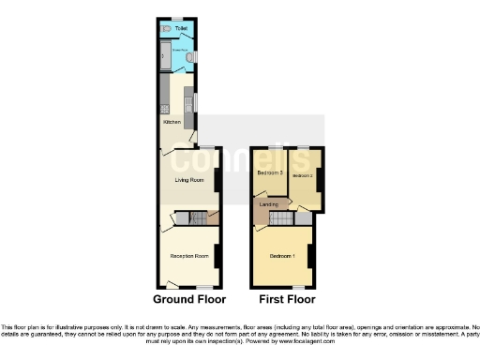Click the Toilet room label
(181, 28)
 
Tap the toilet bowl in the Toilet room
(165, 28)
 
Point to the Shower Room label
(178, 48)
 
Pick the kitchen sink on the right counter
(188, 100)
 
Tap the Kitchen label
(172, 122)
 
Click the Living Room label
(189, 179)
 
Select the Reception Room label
(187, 256)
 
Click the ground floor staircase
(196, 219)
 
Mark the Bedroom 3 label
(270, 173)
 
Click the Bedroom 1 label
(282, 256)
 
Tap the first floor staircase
(282, 219)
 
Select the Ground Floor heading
(189, 300)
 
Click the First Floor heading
(287, 300)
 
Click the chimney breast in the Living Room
(217, 180)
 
